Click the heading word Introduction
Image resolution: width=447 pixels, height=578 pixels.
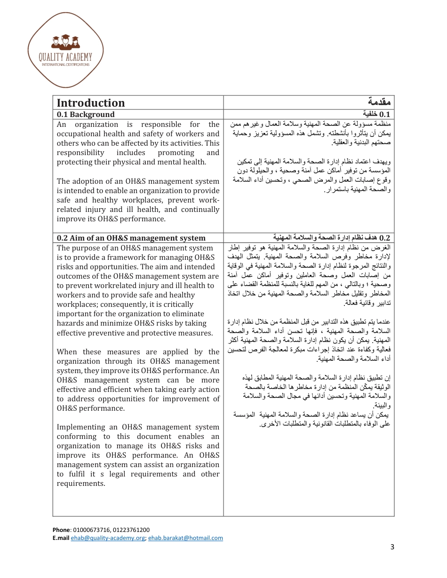91,103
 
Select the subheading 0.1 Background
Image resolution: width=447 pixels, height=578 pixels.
86,115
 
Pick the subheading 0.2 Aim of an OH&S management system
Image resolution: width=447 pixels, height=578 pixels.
131,238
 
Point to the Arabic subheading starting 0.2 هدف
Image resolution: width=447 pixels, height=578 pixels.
332,238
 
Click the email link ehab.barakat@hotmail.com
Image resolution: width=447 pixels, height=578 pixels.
185,538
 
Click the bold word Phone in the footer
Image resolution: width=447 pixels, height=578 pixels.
61,530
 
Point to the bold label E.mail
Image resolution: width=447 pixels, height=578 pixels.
61,538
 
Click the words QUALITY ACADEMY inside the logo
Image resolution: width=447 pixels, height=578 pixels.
65,57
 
